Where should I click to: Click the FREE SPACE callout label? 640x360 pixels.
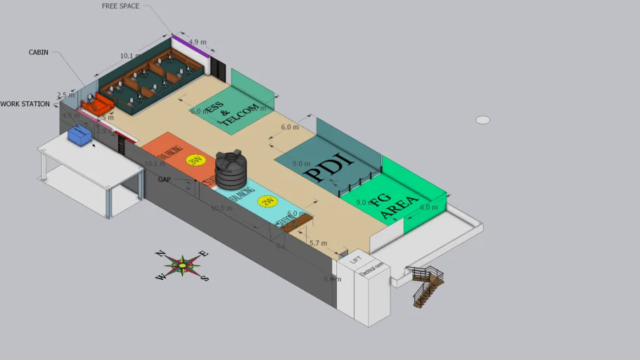[x=120, y=6]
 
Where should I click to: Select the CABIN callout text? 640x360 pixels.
[x=39, y=52]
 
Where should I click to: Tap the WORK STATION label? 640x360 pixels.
[x=25, y=104]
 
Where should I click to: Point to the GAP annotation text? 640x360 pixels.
[x=165, y=179]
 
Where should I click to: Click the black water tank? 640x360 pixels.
[x=231, y=169]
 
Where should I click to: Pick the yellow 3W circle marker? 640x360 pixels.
[x=194, y=160]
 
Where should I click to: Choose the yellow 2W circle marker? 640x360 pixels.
[x=267, y=202]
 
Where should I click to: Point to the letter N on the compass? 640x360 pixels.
[x=160, y=254]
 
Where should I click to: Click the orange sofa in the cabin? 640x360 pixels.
[x=97, y=106]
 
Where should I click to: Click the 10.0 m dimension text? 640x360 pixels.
[x=222, y=208]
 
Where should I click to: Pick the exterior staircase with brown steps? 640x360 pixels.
[x=428, y=285]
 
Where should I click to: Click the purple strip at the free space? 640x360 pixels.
[x=188, y=49]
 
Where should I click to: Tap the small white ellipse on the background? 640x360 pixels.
[x=482, y=120]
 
